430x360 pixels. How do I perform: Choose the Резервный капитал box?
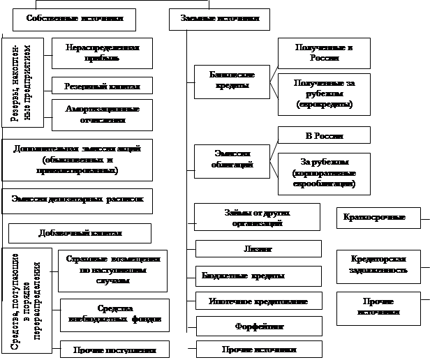(x=101, y=86)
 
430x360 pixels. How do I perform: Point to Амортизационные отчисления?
(x=101, y=114)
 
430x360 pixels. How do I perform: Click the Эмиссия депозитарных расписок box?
(x=77, y=200)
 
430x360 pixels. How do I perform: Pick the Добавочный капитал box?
(x=79, y=232)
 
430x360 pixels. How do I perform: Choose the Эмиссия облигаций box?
(x=231, y=158)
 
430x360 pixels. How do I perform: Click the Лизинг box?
(x=258, y=249)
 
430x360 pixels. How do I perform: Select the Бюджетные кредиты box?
(x=258, y=276)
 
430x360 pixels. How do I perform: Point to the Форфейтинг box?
(x=258, y=326)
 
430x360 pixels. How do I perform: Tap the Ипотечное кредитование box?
(x=258, y=301)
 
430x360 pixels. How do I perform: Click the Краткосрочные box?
(x=379, y=218)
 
